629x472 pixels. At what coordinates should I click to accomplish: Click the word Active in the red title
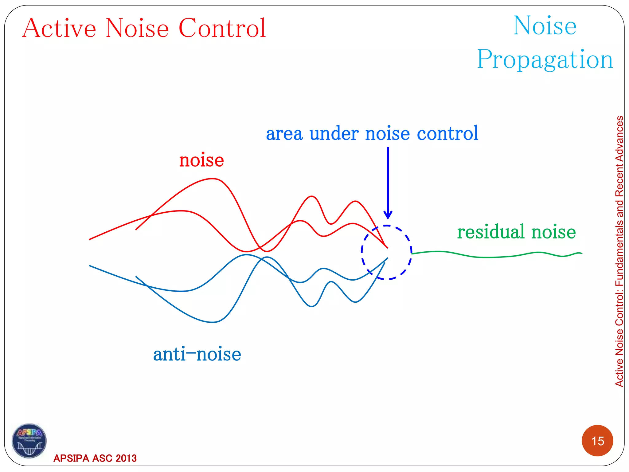pyautogui.click(x=59, y=28)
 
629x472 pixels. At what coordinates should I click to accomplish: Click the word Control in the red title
pyautogui.click(x=222, y=28)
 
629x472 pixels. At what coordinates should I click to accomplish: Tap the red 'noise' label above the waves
pyautogui.click(x=201, y=160)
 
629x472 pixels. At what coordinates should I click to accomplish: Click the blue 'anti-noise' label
pyautogui.click(x=197, y=354)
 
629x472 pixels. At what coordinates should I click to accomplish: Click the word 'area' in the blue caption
pyautogui.click(x=284, y=134)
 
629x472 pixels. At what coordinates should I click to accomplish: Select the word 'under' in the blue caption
pyautogui.click(x=334, y=134)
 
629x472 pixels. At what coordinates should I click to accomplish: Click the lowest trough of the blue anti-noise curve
pyautogui.click(x=213, y=322)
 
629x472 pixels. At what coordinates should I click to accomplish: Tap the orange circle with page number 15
pyautogui.click(x=597, y=441)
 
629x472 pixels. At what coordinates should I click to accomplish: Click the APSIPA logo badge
pyautogui.click(x=29, y=441)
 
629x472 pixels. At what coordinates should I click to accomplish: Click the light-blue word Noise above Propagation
pyautogui.click(x=545, y=26)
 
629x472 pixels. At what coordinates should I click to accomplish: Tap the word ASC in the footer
pyautogui.click(x=102, y=458)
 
